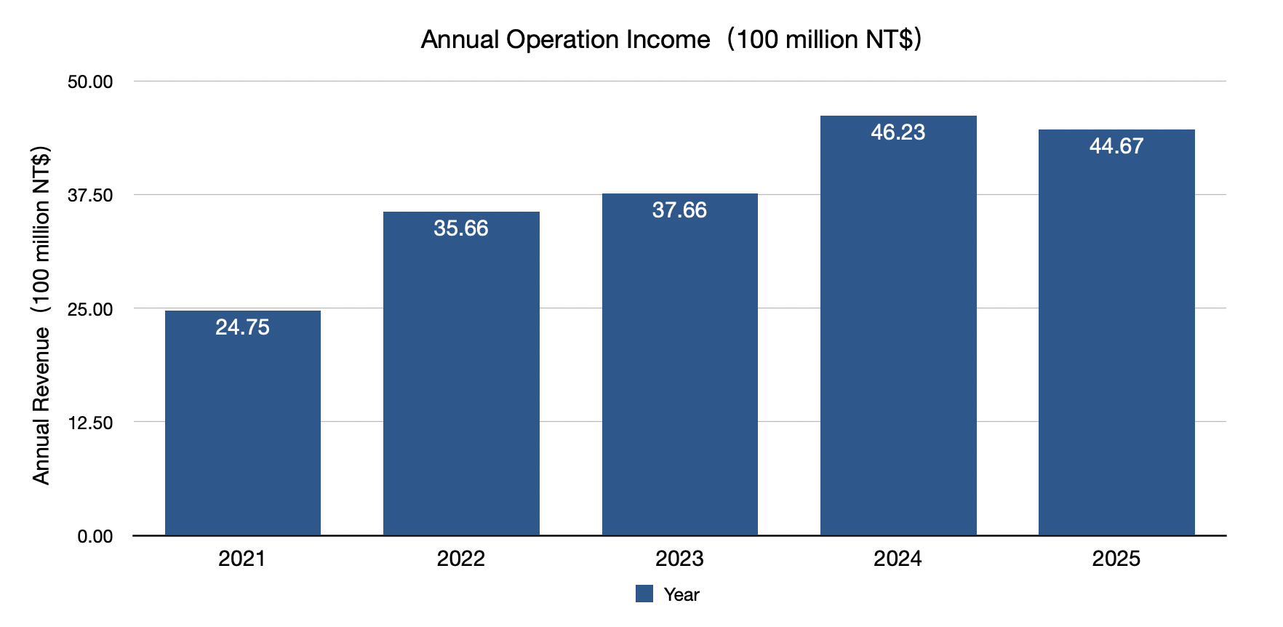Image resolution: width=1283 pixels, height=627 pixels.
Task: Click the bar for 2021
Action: (x=243, y=429)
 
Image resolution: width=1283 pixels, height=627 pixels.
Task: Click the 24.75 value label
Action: (x=243, y=327)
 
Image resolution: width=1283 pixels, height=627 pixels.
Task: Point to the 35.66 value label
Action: (x=461, y=228)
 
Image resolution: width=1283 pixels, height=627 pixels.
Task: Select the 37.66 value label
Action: (x=679, y=210)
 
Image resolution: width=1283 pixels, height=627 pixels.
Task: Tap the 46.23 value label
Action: (x=898, y=132)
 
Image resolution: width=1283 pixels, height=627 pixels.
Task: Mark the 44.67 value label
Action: (x=1116, y=146)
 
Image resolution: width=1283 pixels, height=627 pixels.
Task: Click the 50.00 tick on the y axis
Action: (x=90, y=81)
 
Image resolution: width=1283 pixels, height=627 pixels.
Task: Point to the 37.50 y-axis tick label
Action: (x=90, y=195)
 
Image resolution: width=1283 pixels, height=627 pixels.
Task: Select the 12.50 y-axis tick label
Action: (x=90, y=423)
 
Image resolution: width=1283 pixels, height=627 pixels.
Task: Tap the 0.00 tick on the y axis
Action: (x=95, y=536)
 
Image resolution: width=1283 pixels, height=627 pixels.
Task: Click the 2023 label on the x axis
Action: (x=679, y=559)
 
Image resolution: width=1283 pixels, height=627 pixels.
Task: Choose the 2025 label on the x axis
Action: (x=1116, y=559)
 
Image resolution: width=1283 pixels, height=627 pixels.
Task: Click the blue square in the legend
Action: (x=644, y=594)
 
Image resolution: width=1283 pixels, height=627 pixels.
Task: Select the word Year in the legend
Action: (x=682, y=594)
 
